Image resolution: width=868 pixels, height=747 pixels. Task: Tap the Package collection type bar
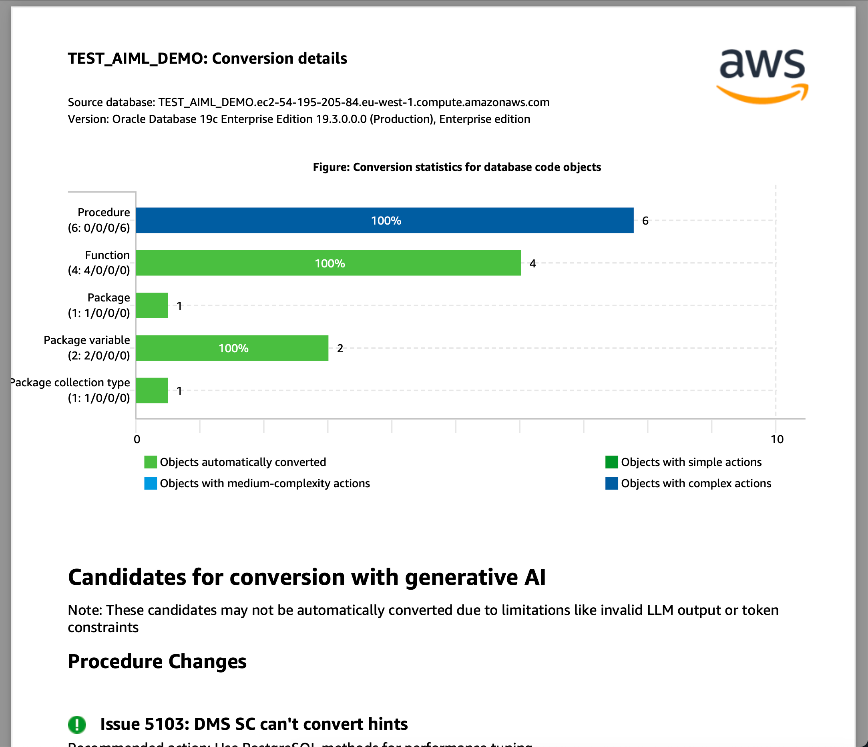point(152,390)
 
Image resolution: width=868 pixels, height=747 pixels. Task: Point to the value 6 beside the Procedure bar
point(645,221)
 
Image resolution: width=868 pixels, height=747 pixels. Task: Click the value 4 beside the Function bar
point(532,263)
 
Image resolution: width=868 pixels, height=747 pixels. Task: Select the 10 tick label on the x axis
point(777,439)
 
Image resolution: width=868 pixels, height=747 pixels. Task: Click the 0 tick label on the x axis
point(137,439)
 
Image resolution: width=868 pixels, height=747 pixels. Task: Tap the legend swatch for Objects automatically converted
point(151,462)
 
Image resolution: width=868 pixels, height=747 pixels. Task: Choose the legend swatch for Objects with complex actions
point(612,484)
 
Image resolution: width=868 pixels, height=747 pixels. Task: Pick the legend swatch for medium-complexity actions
point(151,484)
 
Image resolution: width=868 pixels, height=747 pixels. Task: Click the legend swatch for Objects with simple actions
point(612,462)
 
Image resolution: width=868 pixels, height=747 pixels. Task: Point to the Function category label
point(107,255)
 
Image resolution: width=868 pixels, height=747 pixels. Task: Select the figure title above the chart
point(457,167)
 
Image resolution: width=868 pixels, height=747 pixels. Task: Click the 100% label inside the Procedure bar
point(386,221)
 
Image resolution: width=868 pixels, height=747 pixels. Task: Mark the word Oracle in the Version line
point(129,119)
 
